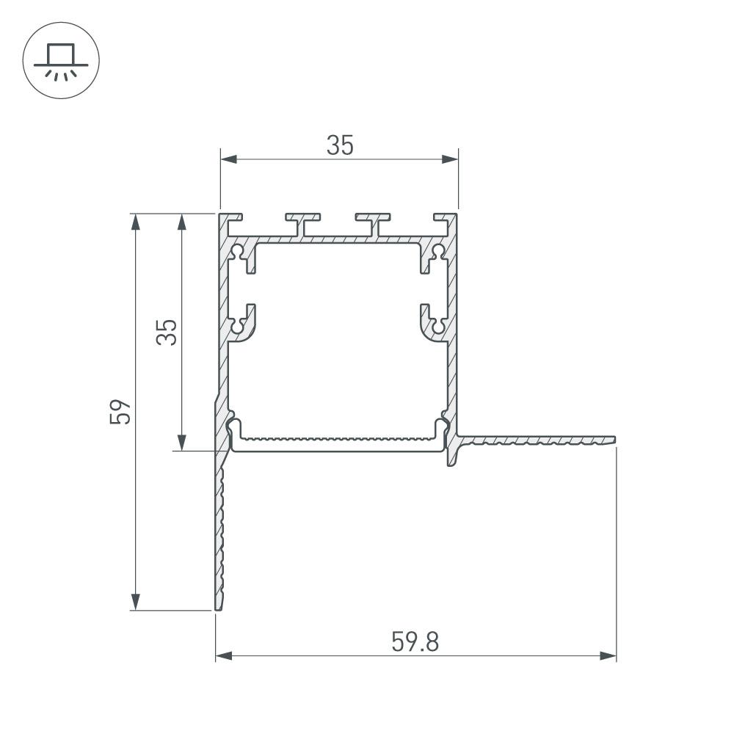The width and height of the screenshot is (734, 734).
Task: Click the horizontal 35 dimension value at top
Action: pyautogui.click(x=340, y=146)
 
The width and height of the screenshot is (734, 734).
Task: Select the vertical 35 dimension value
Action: pyautogui.click(x=168, y=332)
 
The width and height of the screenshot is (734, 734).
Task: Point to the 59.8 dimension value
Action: pyautogui.click(x=415, y=643)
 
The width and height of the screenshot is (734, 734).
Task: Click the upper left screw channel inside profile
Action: pyautogui.click(x=239, y=252)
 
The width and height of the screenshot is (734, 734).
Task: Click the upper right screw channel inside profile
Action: pyautogui.click(x=438, y=252)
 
